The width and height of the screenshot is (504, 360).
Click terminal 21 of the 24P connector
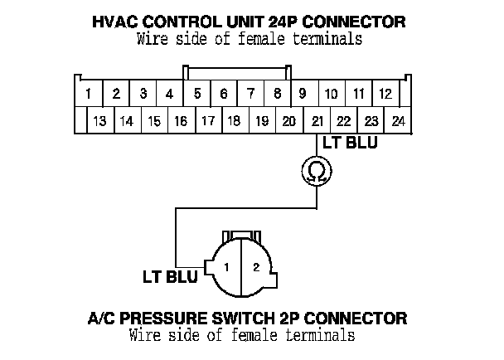pos(317,120)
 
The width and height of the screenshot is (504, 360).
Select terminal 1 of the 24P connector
pos(89,94)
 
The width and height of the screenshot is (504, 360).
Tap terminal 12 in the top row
pos(385,94)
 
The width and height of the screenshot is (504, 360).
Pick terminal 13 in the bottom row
pos(99,120)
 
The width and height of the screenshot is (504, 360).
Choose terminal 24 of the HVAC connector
pos(399,120)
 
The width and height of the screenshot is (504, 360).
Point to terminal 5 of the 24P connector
pos(196,94)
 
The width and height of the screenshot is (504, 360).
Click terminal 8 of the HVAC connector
pos(277,94)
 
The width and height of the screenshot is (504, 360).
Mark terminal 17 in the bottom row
pos(207,120)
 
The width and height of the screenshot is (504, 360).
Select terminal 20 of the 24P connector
pos(288,120)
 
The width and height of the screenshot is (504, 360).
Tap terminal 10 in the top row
pos(331,94)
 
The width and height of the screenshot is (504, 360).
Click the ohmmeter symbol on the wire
pos(317,171)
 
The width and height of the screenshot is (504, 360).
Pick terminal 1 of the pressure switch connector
pos(225,267)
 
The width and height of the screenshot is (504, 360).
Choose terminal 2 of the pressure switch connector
pos(256,267)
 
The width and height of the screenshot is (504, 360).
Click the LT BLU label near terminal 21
pos(350,143)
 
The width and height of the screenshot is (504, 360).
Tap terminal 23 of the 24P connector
pos(371,120)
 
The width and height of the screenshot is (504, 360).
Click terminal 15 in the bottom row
pos(153,120)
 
